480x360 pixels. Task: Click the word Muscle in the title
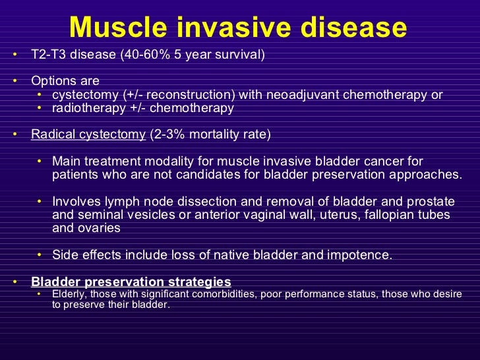[118, 27]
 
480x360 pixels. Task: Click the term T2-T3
[48, 55]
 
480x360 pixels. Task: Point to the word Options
[54, 81]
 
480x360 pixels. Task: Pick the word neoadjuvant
[303, 95]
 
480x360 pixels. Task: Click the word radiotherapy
[89, 108]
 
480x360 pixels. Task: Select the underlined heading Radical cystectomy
[88, 135]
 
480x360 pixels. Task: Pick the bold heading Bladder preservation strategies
[131, 282]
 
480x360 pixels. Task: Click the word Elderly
[69, 294]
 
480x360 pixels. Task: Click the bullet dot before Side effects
[39, 255]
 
